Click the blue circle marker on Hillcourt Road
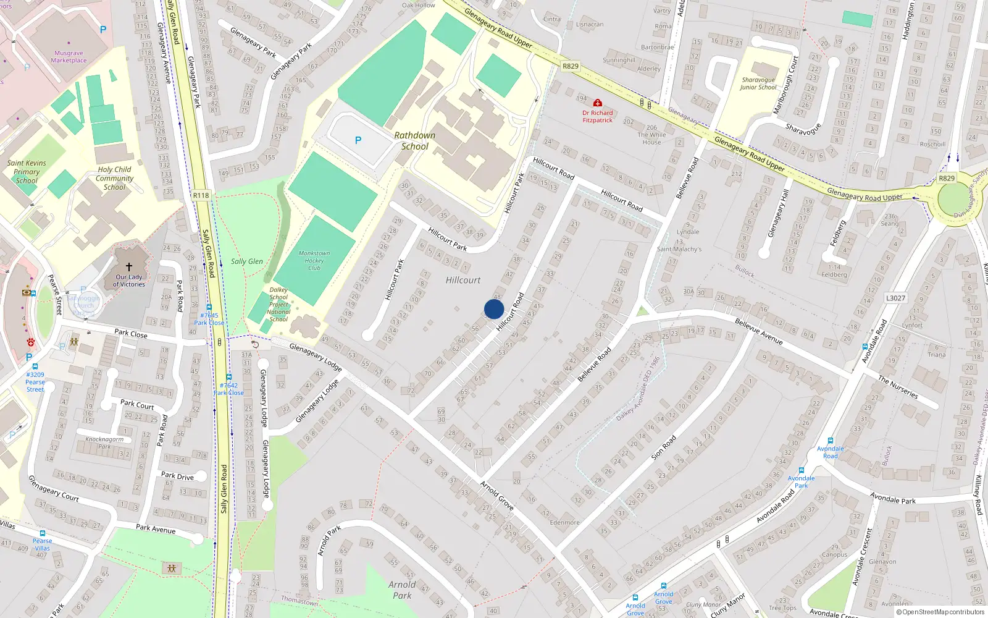click(494, 309)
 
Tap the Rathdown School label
click(415, 141)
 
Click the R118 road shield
click(201, 195)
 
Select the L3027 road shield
click(895, 298)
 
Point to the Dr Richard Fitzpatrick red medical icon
click(597, 103)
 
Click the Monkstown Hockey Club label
click(314, 260)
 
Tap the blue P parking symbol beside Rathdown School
click(358, 140)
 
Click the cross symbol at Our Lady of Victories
click(129, 266)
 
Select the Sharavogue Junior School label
click(758, 83)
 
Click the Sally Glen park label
click(247, 261)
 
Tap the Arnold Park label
click(402, 590)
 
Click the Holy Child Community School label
click(114, 178)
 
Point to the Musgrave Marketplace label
click(69, 57)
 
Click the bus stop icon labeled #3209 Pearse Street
click(35, 366)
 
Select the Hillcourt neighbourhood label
click(463, 280)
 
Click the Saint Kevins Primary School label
click(27, 172)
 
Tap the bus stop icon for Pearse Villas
click(42, 533)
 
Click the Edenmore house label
click(564, 522)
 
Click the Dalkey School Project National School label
click(278, 304)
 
